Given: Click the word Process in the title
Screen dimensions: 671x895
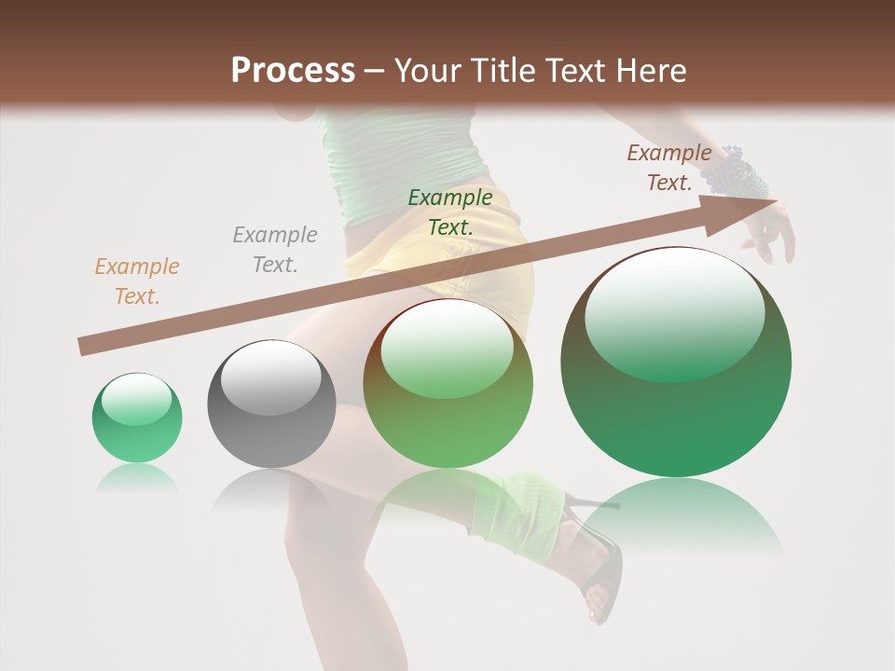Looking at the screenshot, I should pyautogui.click(x=293, y=71).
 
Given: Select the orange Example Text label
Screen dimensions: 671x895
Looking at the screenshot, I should pyautogui.click(x=137, y=281).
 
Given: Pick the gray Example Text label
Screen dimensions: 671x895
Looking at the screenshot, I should pyautogui.click(x=275, y=250).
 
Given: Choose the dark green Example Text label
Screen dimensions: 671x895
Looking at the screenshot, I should pyautogui.click(x=450, y=212).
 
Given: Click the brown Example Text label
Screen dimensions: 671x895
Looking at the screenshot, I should pyautogui.click(x=668, y=168).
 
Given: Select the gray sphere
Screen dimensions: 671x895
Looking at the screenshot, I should pyautogui.click(x=271, y=404).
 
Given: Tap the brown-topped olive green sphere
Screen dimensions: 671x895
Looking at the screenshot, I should pyautogui.click(x=448, y=384).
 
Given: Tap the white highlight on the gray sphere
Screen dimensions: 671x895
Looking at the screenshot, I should pyautogui.click(x=270, y=377).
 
